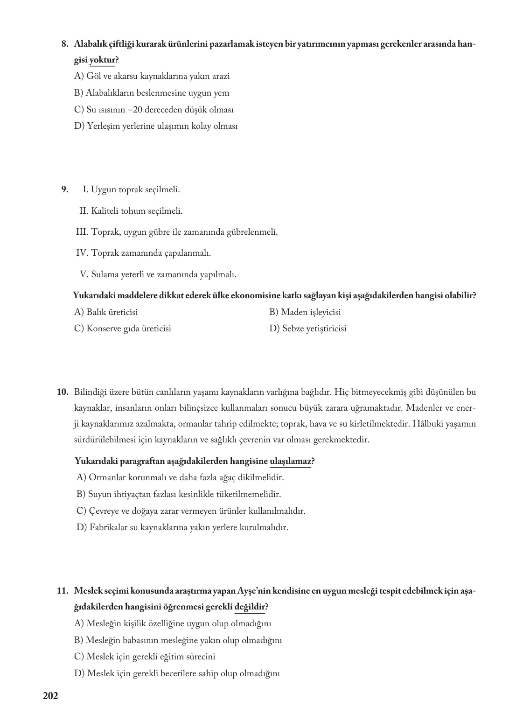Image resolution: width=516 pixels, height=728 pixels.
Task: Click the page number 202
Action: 50,696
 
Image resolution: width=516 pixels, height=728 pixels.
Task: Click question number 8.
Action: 65,44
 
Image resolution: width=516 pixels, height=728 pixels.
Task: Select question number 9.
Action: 65,189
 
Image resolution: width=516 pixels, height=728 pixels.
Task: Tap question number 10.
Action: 63,392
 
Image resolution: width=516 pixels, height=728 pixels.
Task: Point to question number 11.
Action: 63,591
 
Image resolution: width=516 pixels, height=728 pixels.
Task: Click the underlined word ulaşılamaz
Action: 290,461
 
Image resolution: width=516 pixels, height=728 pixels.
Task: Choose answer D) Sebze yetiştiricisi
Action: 307,329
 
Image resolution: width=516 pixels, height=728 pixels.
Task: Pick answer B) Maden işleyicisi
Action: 305,312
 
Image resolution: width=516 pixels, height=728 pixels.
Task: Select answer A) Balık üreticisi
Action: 106,312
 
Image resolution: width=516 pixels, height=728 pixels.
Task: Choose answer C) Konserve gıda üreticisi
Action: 122,329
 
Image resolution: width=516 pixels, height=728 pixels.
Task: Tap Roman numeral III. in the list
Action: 82,231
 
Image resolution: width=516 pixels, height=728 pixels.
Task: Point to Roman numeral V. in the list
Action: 84,274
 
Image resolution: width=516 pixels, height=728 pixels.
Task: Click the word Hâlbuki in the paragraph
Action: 420,424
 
